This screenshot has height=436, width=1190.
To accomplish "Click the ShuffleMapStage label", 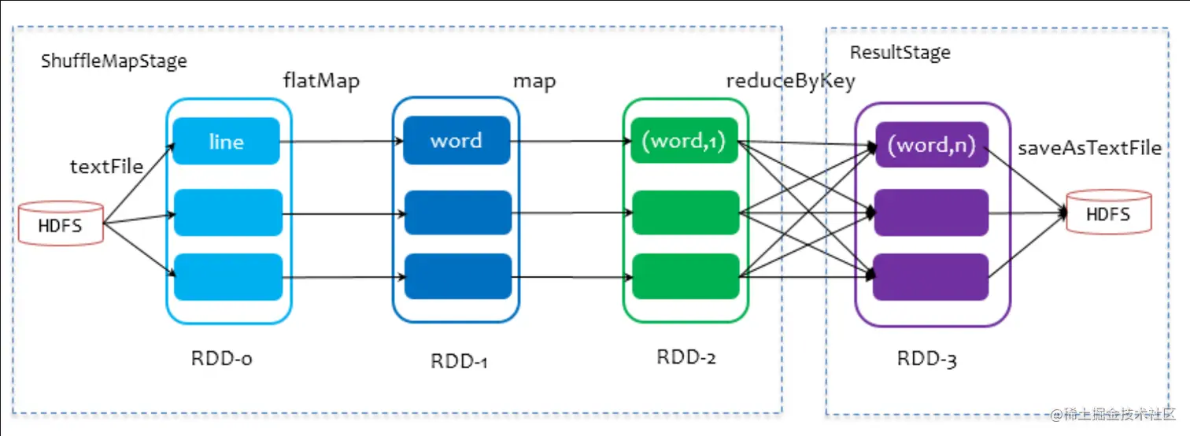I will pos(114,61).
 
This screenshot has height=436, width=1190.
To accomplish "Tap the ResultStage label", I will pos(900,53).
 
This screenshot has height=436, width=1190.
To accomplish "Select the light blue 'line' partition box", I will pos(227,142).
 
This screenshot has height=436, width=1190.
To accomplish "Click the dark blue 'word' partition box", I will pos(456,141).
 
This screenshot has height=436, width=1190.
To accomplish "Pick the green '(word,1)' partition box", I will pos(686,142).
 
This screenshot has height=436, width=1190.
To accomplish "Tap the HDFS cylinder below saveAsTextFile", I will pos(1107,212).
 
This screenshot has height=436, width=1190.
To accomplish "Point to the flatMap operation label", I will pos(321,81).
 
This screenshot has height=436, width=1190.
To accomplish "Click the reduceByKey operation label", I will pos(789,81).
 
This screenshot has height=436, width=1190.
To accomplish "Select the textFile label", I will pos(107,166).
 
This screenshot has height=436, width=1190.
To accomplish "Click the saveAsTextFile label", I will pos(1090,148).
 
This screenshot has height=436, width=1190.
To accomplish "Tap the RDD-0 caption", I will pos(221,358).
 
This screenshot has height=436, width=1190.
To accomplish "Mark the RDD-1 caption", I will pos(460,361).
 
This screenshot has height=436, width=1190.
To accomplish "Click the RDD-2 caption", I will pos(686,357).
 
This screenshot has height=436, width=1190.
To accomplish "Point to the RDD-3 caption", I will pos(927,359).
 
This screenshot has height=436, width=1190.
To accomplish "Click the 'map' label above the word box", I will pos(534,81).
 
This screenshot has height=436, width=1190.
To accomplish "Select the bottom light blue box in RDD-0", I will pos(228,277).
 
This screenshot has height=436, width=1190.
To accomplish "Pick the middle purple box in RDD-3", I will pos(930,212).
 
